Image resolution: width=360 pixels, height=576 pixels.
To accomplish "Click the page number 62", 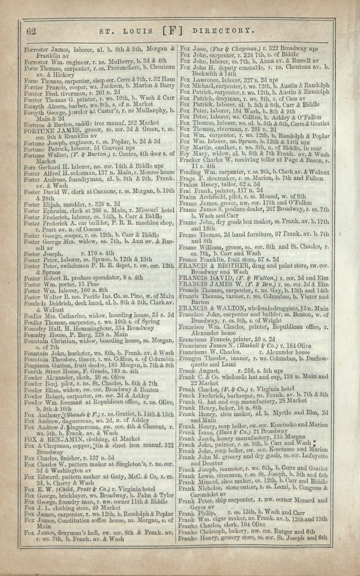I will pyautogui.click(x=31, y=30).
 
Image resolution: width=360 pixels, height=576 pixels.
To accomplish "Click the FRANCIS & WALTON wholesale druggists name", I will pyautogui.click(x=212, y=308).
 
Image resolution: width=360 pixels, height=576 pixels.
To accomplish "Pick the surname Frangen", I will pyautogui.click(x=192, y=358).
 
